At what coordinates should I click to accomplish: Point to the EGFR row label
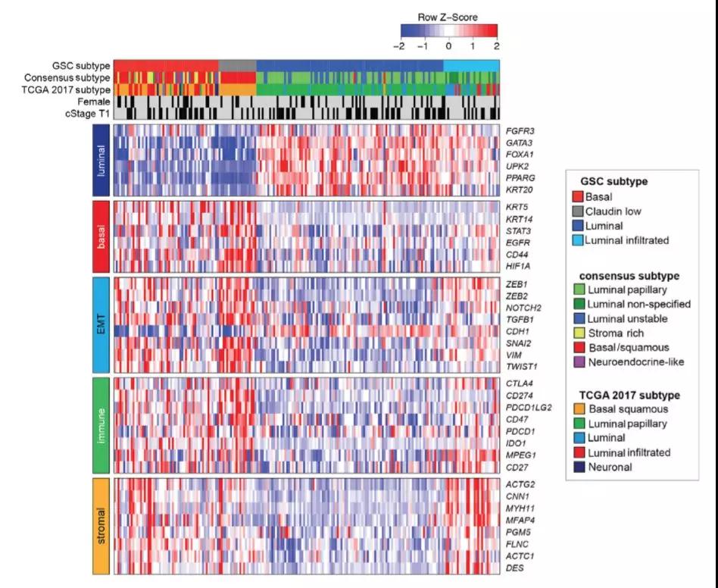pyautogui.click(x=517, y=242)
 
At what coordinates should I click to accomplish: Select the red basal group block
pyautogui.click(x=101, y=236)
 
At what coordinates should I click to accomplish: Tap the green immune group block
pyautogui.click(x=101, y=425)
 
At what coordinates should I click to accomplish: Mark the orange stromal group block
pyautogui.click(x=101, y=524)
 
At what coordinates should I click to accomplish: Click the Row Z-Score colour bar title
pyautogui.click(x=448, y=16)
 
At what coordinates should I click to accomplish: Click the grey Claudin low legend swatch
pyautogui.click(x=578, y=210)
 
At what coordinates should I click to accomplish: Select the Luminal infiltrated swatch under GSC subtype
pyautogui.click(x=578, y=239)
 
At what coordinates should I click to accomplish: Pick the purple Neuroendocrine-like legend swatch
pyautogui.click(x=578, y=361)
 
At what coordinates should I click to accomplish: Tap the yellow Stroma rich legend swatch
pyautogui.click(x=578, y=333)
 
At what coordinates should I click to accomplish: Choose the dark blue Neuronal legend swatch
pyautogui.click(x=578, y=467)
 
